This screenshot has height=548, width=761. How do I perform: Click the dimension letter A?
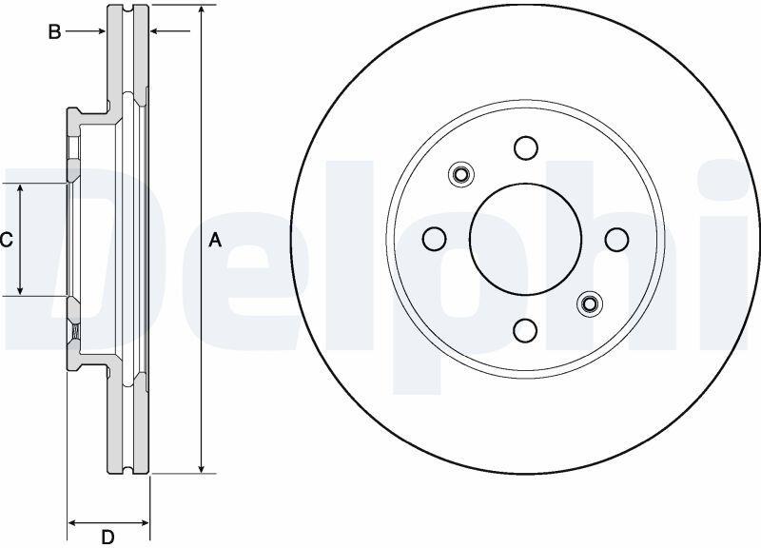pos(215,240)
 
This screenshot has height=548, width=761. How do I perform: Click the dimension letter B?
pos(54,32)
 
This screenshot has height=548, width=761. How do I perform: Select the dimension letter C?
pos(6,240)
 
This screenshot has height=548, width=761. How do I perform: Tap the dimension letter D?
pos(107,537)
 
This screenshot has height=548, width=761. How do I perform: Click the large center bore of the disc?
pos(526,239)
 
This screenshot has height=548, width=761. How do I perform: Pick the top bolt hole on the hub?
pos(526,147)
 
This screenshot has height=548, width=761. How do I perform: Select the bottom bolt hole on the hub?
pos(525,330)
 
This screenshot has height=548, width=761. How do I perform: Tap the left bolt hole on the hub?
pos(435,239)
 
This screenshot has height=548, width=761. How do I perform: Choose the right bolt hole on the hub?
pos(616,240)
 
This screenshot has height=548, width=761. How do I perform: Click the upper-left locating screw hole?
pos(460,174)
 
